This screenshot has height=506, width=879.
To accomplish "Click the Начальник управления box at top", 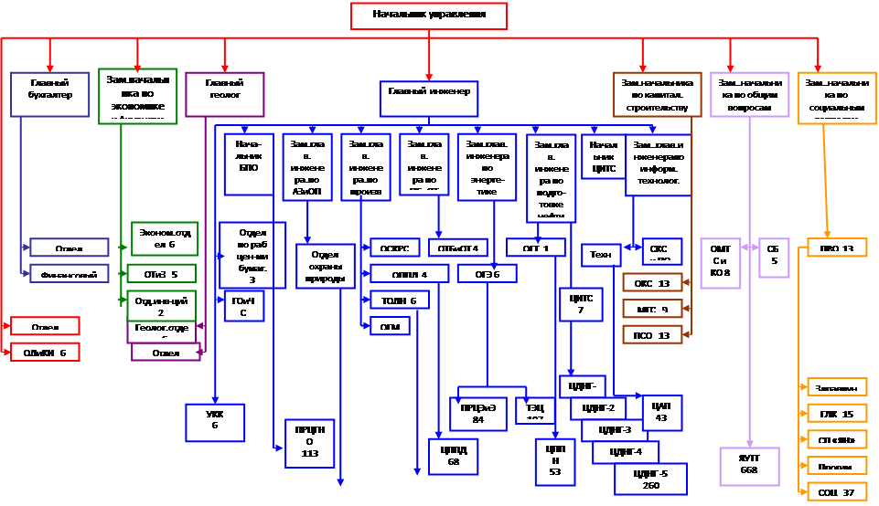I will click(428, 16).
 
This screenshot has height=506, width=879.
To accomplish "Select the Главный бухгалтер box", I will click(45, 94).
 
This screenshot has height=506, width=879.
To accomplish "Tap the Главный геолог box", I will click(225, 94).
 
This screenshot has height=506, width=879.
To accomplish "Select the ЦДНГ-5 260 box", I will click(650, 479).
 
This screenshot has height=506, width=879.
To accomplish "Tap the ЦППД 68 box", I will click(453, 456).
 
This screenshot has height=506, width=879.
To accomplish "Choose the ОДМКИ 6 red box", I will click(45, 352).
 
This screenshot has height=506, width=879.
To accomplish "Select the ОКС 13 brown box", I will click(652, 282).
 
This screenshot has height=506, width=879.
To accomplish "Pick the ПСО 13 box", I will click(652, 334).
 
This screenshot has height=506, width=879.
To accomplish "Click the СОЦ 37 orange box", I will click(836, 491).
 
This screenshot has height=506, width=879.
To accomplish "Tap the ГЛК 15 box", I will click(836, 414).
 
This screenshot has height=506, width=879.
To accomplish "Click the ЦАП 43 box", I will click(662, 412).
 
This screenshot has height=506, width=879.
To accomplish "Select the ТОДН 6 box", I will click(399, 300).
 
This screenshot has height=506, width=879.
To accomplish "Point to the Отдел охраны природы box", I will click(325, 266).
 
